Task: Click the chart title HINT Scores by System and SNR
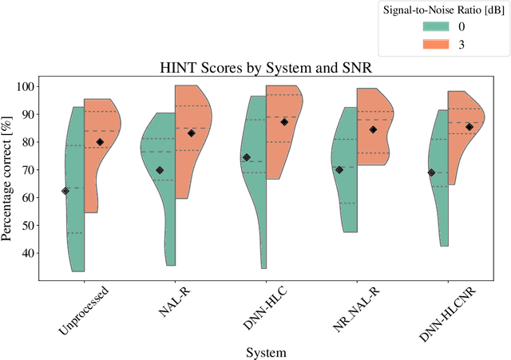pyautogui.click(x=265, y=68)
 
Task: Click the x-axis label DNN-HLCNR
pyautogui.click(x=444, y=311)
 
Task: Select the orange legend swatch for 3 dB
pyautogui.click(x=438, y=45)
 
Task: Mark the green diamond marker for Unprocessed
pyautogui.click(x=65, y=191)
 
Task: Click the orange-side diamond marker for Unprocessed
pyautogui.click(x=100, y=142)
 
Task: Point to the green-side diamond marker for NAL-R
pyautogui.click(x=160, y=170)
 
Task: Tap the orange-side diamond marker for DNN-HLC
pyautogui.click(x=285, y=122)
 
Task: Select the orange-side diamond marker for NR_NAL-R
pyautogui.click(x=373, y=129)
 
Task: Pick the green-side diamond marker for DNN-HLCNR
pyautogui.click(x=432, y=172)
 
